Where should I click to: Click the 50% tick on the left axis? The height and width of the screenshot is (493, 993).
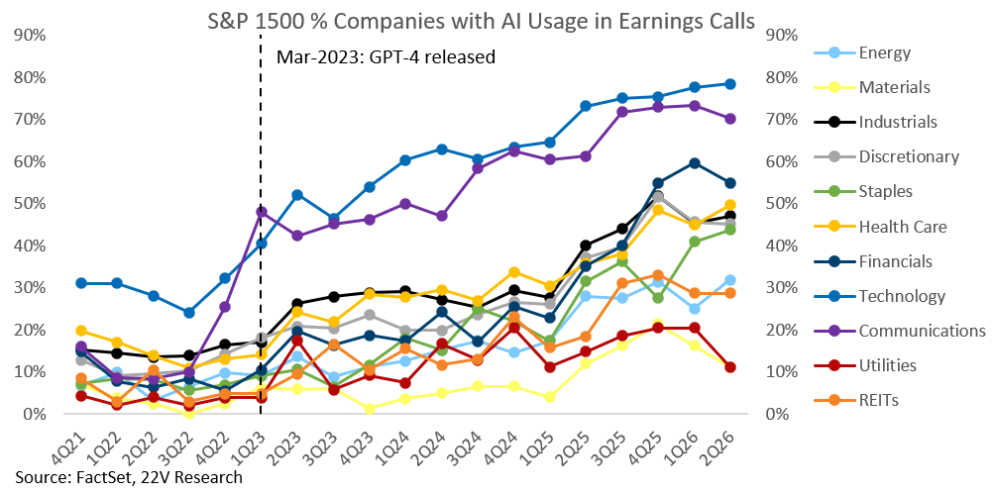point(30,204)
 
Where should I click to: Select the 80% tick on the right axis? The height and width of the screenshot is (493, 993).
point(783,77)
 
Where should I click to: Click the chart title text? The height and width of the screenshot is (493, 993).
point(482,22)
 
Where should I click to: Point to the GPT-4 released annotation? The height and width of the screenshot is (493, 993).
point(386,57)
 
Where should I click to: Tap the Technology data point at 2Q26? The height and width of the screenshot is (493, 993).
point(729,83)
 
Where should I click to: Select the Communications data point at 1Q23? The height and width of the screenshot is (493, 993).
point(262,212)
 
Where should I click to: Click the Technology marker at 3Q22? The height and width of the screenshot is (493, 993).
point(189,313)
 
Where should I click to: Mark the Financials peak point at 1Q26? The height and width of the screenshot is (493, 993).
point(694,163)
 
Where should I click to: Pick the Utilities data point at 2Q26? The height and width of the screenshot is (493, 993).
point(729,367)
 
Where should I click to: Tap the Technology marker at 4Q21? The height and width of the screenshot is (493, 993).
point(81,283)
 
